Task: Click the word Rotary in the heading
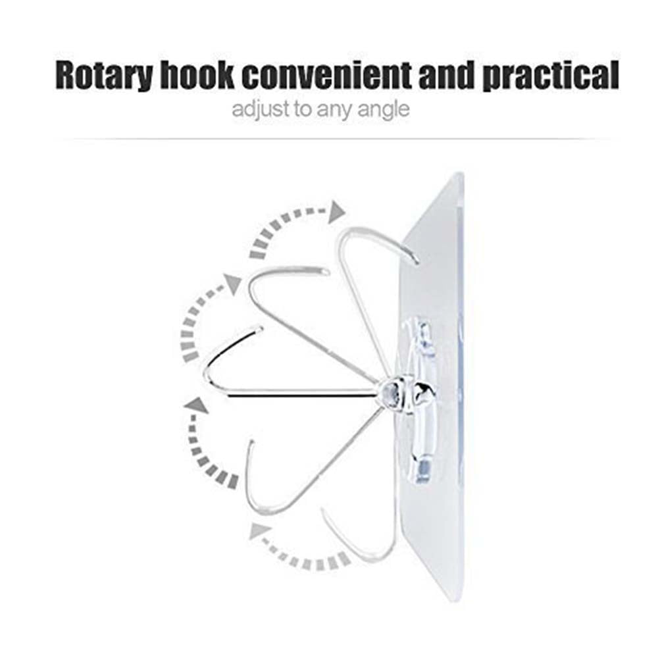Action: coord(104,76)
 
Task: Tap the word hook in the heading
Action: coord(197,75)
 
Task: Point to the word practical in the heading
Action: coord(550,76)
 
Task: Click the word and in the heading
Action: coord(447,75)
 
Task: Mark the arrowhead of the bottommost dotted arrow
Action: coord(259,530)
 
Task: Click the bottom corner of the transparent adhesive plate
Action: coord(454,600)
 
